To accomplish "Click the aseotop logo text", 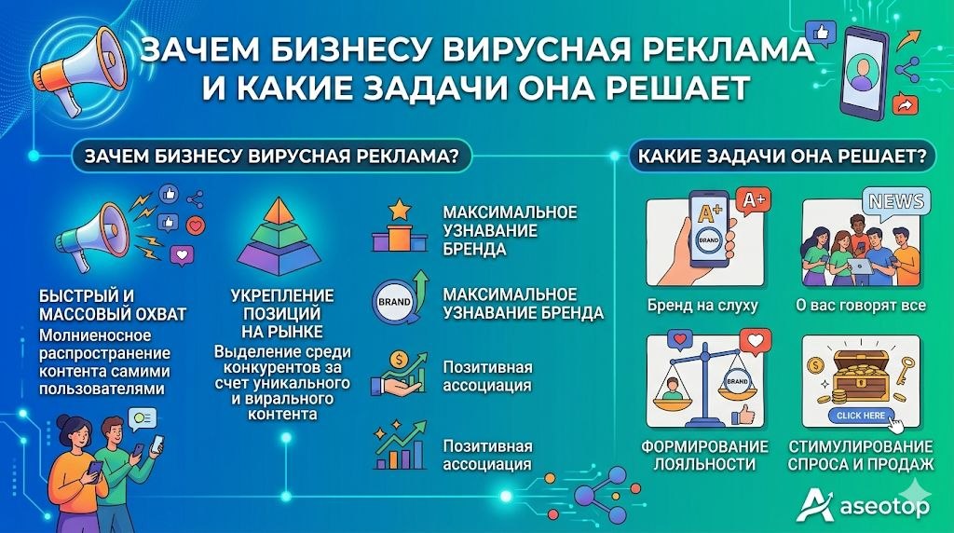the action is (x=885, y=507).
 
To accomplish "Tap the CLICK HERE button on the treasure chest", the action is (x=861, y=416).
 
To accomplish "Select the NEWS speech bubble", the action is (x=896, y=201).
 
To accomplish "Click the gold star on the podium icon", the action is (x=400, y=210).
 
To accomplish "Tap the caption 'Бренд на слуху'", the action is (x=702, y=306).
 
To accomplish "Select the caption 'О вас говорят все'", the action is (x=861, y=306).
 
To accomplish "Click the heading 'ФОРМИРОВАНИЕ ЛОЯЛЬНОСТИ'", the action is (x=704, y=455).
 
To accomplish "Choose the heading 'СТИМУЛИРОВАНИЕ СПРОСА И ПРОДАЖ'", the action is (x=860, y=455).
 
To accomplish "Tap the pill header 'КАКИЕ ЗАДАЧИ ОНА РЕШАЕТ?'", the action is (x=782, y=157).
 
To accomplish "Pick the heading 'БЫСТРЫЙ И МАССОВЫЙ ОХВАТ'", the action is (x=113, y=305).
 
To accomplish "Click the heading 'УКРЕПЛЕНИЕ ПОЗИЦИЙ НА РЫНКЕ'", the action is (x=282, y=313).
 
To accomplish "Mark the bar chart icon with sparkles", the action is (x=399, y=447).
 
